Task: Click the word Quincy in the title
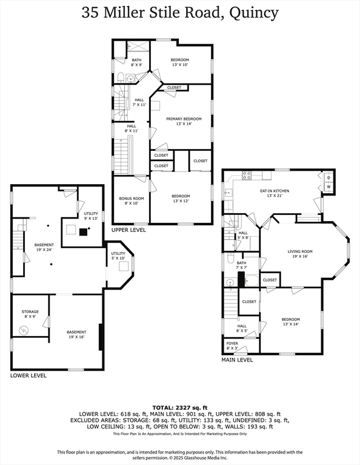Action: point(252,12)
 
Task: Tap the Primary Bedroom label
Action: point(180,121)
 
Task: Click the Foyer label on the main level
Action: point(232,346)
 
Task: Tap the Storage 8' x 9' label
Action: point(30,314)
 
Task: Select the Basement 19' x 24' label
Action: point(44,247)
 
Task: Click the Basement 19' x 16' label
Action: point(76,334)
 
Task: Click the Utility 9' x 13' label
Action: point(91,216)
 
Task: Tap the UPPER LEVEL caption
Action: point(128,230)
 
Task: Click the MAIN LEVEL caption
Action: point(237,360)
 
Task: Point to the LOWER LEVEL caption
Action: point(28,375)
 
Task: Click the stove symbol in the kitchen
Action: point(247,176)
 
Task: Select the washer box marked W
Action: point(328,187)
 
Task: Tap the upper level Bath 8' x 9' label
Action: point(137,62)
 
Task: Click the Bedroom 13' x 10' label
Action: point(179,62)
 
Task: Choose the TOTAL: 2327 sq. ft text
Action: point(179,407)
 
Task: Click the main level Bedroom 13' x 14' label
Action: point(290,322)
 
